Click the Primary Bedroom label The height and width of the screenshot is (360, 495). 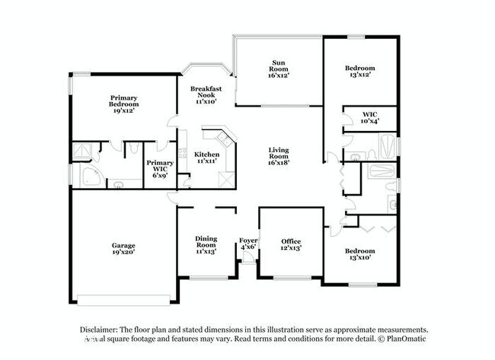(123, 103)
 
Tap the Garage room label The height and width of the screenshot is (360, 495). (123, 249)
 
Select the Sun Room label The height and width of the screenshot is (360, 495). (279, 69)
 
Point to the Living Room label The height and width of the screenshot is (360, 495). (279, 156)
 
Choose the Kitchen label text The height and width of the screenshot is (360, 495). (207, 158)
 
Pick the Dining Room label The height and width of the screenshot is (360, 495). (206, 244)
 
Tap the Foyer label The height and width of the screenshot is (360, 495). (248, 244)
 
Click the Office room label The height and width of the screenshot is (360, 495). (291, 244)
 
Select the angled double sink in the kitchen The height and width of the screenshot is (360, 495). (224, 139)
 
